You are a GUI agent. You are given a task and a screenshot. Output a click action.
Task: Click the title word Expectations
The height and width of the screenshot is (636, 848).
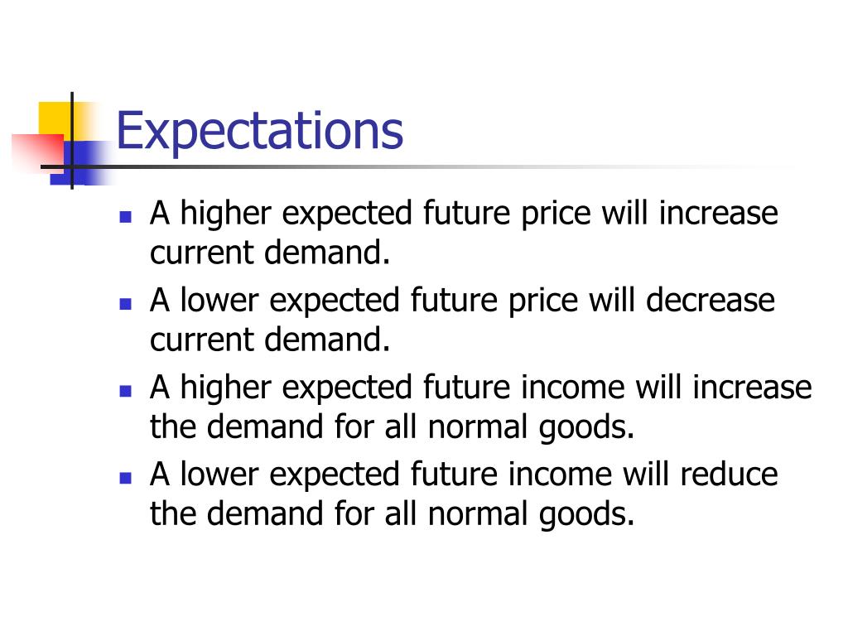point(259,131)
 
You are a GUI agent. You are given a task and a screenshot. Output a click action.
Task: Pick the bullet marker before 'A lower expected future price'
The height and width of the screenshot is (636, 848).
point(126,304)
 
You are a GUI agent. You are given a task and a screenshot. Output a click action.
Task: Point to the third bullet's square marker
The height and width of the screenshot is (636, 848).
point(126,391)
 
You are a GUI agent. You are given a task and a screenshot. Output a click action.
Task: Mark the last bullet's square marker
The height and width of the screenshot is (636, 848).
point(126,478)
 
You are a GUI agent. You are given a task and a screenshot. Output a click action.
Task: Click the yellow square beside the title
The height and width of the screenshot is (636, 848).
point(55,117)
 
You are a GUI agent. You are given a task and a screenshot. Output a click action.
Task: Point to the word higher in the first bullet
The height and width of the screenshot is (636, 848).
point(226,214)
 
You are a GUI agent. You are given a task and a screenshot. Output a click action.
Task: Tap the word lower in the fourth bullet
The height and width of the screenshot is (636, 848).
point(219,475)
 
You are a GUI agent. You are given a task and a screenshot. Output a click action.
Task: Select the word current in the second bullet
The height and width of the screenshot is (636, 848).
point(203,340)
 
